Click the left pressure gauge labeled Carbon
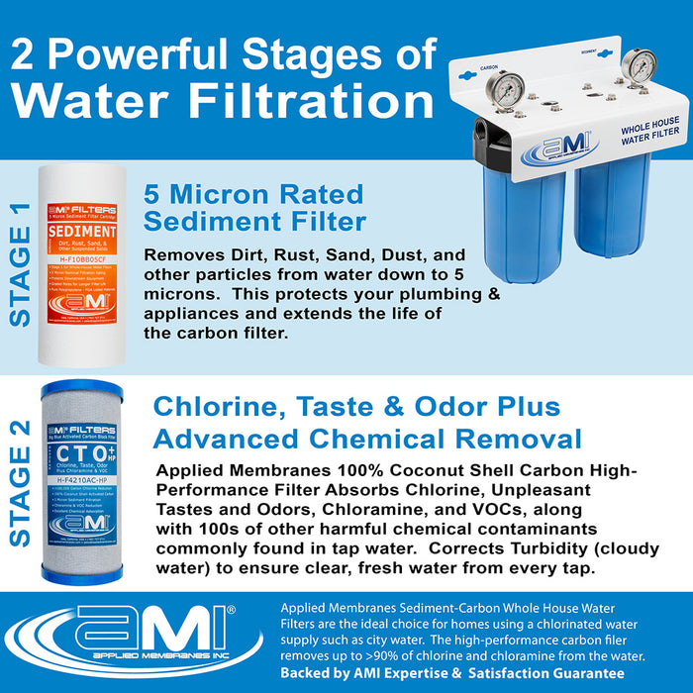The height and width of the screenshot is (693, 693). pos(508,92)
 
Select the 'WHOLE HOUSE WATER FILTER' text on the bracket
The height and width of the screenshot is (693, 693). pos(648,137)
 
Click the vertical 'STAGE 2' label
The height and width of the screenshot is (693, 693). pos(19,495)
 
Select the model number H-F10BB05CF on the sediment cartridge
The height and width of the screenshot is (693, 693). pos(82,317)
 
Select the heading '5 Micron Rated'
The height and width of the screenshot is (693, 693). pos(253,193)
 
